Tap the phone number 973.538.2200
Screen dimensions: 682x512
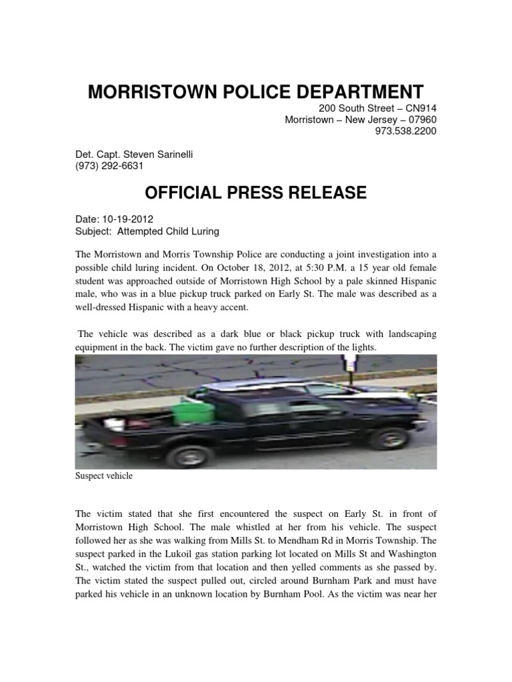(x=406, y=131)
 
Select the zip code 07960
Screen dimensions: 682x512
(x=421, y=120)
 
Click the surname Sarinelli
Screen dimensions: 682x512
(x=169, y=155)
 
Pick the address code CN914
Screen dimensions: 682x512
(x=418, y=109)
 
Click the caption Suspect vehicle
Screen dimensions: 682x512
(x=104, y=476)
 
